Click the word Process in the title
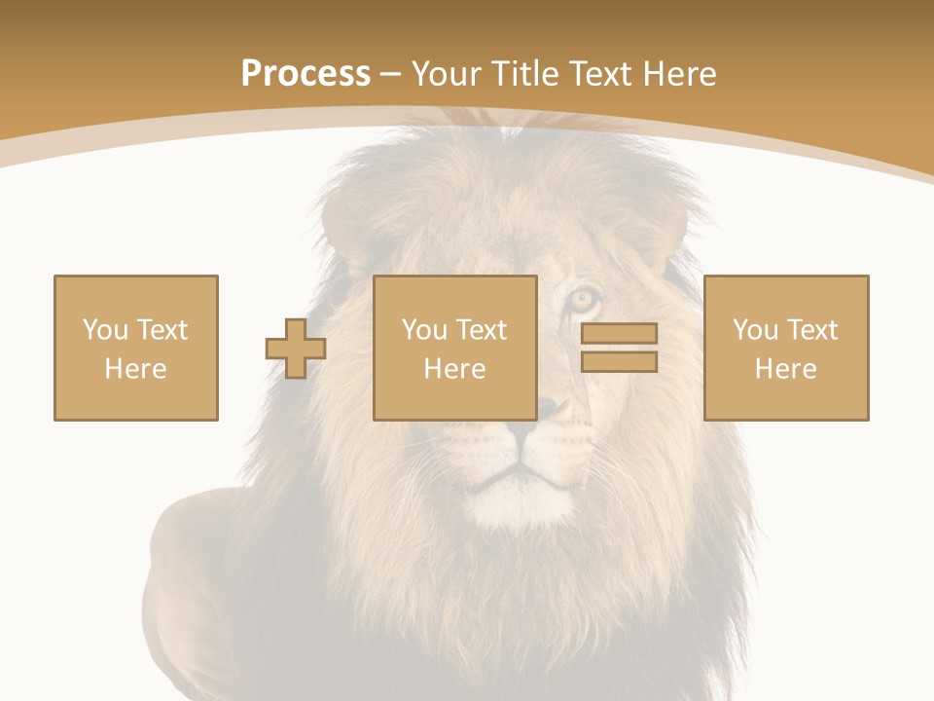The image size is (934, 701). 305,74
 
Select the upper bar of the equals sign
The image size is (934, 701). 619,333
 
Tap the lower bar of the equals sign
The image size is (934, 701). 619,362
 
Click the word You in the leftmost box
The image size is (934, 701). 105,330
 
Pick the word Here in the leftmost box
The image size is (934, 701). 136,369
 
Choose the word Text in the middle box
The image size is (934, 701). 481,330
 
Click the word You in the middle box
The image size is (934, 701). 424,330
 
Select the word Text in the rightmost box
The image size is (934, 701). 811,330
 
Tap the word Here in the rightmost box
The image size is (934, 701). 786,369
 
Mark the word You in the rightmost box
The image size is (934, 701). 755,330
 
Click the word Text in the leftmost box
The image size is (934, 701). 162,330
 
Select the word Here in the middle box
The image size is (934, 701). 455,369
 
